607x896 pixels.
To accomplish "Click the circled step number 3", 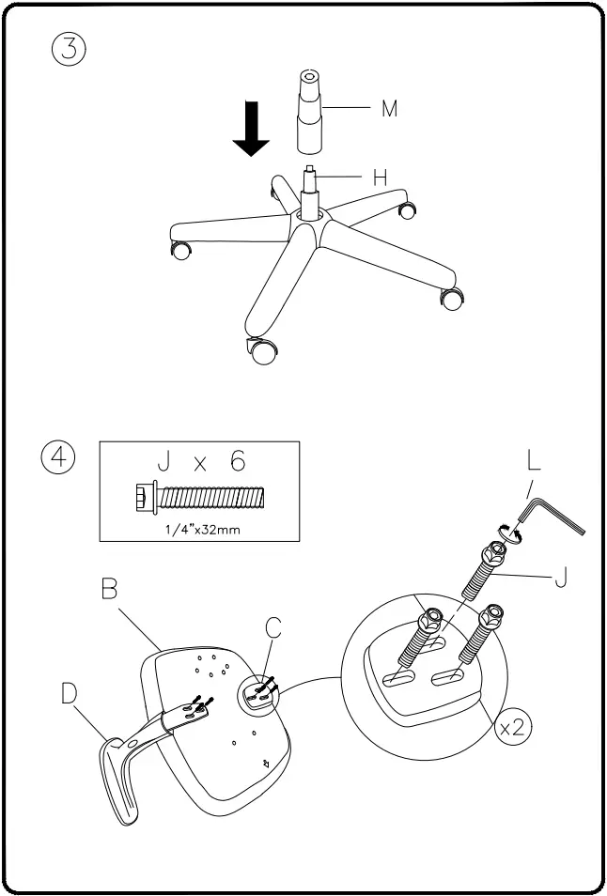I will [x=69, y=48].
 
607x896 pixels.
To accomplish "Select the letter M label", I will [x=388, y=109].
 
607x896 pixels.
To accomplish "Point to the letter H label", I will [x=380, y=176].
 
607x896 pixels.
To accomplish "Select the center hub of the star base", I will [x=309, y=212].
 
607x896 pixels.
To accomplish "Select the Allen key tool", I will [x=553, y=515].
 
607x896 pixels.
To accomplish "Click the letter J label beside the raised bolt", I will [x=560, y=577].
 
